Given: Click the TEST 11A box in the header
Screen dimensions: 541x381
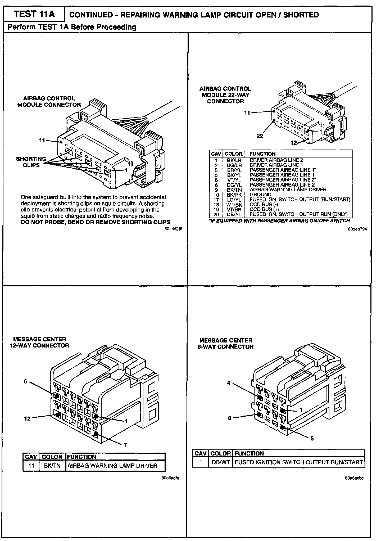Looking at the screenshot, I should [x=34, y=14].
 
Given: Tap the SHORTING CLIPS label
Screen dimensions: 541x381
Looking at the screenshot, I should [x=31, y=162].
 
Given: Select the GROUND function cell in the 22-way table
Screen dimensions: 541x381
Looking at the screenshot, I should [x=260, y=195].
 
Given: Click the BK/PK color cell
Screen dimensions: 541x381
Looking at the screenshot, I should [x=234, y=195].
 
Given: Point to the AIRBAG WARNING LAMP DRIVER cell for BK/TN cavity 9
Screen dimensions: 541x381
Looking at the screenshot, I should [x=288, y=190].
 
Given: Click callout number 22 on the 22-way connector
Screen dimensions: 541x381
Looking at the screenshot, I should [x=260, y=136].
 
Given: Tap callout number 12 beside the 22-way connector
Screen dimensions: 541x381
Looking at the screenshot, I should [x=294, y=143].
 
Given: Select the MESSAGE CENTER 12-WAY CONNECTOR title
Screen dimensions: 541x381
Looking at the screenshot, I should [x=39, y=342].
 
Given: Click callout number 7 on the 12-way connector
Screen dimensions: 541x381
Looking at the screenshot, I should [x=125, y=445].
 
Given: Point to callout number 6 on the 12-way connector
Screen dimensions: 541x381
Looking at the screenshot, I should [x=25, y=382].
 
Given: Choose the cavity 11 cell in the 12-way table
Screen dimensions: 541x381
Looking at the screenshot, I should [x=31, y=466].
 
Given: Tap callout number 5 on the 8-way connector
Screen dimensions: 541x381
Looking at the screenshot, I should [x=312, y=439].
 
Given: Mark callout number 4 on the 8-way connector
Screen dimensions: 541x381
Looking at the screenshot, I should [x=229, y=383].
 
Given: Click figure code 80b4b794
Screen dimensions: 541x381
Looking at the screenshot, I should [x=357, y=229].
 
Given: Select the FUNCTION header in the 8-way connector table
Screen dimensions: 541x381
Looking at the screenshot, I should [x=249, y=453].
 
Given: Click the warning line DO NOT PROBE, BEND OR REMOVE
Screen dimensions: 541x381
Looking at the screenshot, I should [x=95, y=222].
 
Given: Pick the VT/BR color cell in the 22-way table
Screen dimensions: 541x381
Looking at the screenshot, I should [x=234, y=209].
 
